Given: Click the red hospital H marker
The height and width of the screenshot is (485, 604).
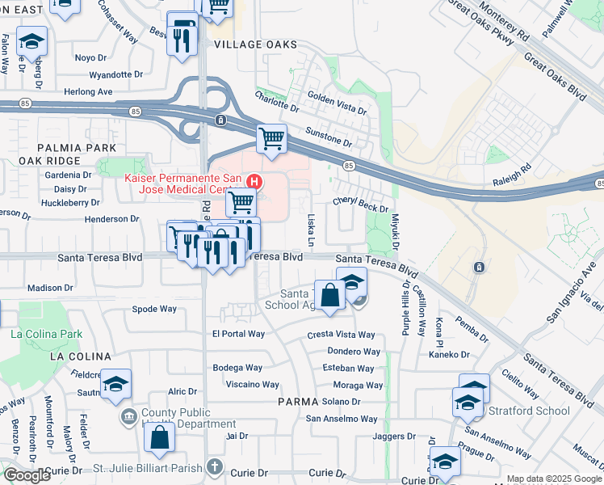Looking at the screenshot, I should (x=254, y=180).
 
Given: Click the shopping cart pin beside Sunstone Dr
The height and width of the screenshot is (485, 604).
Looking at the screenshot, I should (x=272, y=139).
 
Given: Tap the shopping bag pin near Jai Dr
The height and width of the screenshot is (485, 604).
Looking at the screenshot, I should (x=160, y=437).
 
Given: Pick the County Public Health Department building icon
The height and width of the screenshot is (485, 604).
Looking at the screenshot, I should (x=128, y=417).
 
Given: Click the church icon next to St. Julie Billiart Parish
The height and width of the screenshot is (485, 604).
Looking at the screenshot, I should (x=214, y=466).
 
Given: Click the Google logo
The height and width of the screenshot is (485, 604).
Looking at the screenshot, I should (x=27, y=475).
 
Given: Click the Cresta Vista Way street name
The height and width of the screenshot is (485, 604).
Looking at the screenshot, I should (x=341, y=335).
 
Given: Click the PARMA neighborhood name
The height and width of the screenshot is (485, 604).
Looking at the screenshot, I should (x=296, y=401).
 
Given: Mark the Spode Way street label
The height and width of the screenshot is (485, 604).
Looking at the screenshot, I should (x=154, y=309).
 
